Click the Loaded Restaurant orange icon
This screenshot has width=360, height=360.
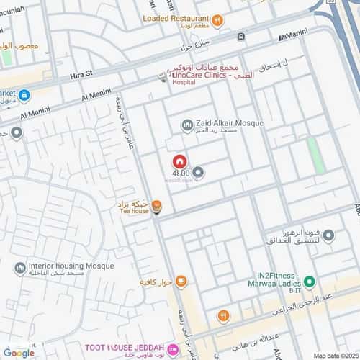[219, 19]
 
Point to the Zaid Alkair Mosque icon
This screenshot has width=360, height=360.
[188, 125]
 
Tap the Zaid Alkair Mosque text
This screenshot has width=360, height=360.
[229, 123]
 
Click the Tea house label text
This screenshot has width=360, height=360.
[133, 212]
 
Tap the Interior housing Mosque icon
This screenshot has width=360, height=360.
[20, 267]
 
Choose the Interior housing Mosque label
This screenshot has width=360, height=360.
[71, 266]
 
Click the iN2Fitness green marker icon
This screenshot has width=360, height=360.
[308, 282]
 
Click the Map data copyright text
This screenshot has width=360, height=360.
[336, 355]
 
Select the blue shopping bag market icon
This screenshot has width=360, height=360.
[24, 95]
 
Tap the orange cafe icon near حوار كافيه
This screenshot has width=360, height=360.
[181, 281]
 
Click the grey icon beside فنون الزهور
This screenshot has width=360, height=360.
[328, 235]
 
